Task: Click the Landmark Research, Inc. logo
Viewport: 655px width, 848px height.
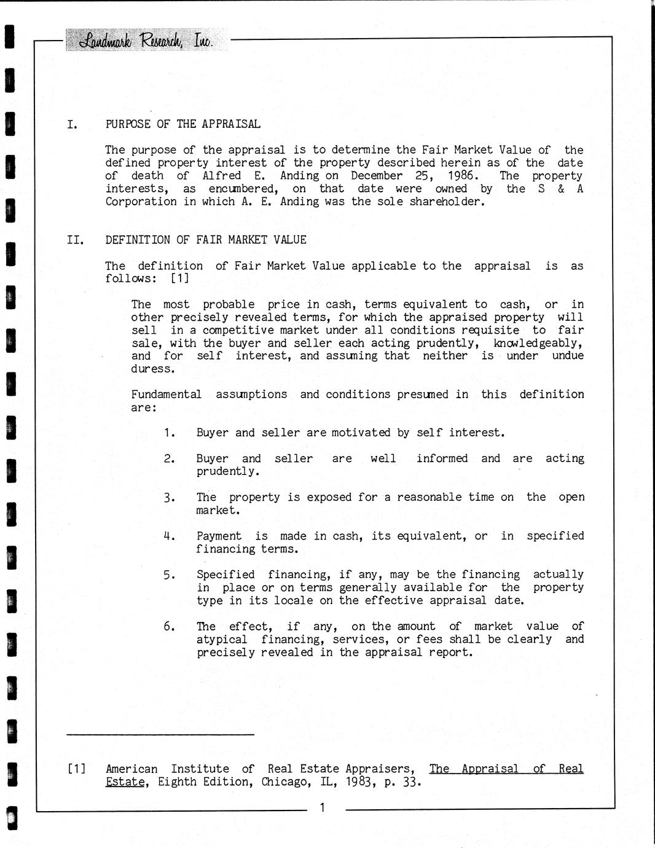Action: click(x=146, y=41)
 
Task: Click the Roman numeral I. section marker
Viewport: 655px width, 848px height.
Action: click(x=73, y=125)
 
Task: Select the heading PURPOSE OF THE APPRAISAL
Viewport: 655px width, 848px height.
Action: click(x=182, y=124)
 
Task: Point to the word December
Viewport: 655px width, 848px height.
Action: click(x=377, y=176)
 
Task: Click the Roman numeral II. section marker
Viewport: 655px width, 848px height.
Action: click(x=75, y=240)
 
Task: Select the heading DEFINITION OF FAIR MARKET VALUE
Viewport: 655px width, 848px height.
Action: click(x=205, y=240)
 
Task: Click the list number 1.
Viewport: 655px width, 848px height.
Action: click(x=170, y=433)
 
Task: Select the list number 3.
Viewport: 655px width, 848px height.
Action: click(x=170, y=498)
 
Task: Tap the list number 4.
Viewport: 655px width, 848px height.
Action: click(x=170, y=536)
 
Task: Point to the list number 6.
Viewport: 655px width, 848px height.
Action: click(x=170, y=626)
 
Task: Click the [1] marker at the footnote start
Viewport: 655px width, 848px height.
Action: click(x=76, y=769)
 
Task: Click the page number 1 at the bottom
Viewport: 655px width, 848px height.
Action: click(x=322, y=807)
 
